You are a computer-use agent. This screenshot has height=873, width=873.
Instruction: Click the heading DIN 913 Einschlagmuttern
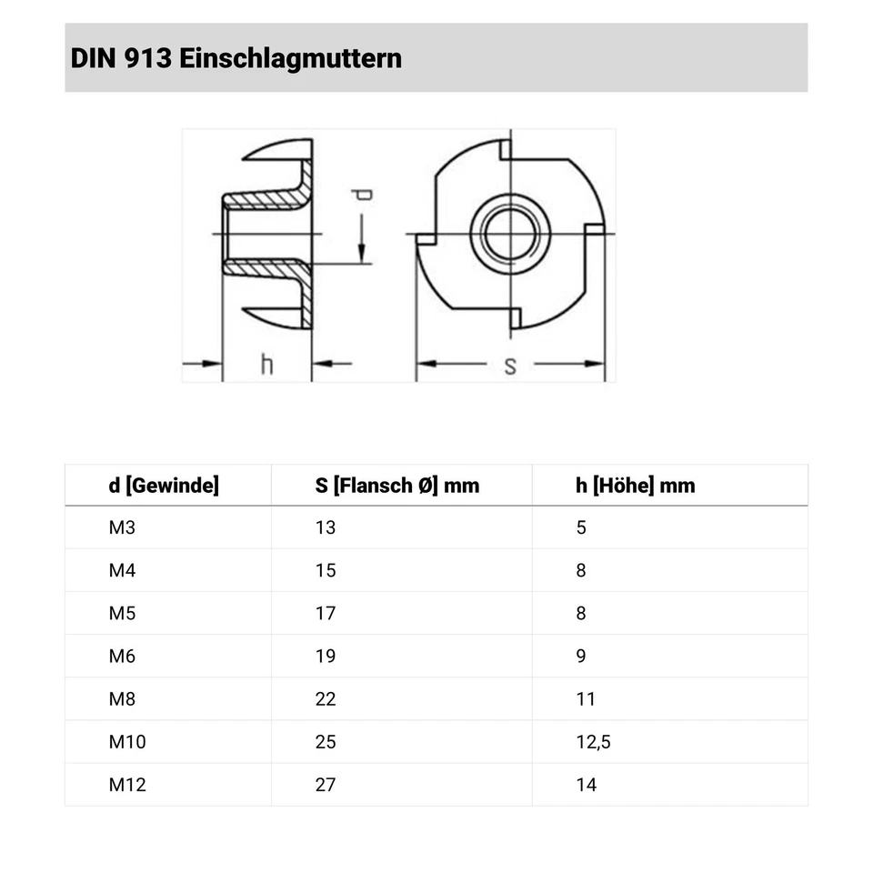click(236, 59)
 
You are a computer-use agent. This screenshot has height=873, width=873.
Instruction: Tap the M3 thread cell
click(122, 527)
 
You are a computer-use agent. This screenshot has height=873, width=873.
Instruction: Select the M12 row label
click(127, 784)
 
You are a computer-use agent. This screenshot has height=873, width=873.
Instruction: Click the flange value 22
click(326, 698)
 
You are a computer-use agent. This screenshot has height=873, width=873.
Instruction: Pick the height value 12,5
click(593, 741)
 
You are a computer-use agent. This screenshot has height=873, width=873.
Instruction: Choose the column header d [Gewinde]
click(164, 486)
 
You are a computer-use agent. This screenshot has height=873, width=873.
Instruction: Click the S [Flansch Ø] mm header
click(396, 486)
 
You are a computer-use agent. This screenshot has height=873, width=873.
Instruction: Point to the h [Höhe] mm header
click(635, 486)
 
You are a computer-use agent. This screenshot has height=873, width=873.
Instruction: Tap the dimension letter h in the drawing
click(266, 365)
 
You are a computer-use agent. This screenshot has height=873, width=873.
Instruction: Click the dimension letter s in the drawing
click(510, 366)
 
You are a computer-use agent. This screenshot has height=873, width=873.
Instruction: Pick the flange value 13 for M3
click(326, 527)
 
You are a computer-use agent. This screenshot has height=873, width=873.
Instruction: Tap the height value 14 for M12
click(587, 784)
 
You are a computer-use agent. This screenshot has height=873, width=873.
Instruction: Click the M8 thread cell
click(122, 698)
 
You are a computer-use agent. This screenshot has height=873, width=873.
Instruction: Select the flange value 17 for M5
click(326, 613)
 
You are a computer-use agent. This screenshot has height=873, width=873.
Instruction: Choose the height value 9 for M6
click(581, 656)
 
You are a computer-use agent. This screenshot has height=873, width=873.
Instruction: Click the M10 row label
click(127, 741)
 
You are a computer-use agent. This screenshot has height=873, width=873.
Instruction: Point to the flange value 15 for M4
click(326, 570)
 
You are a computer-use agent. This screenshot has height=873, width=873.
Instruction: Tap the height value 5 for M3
click(581, 527)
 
